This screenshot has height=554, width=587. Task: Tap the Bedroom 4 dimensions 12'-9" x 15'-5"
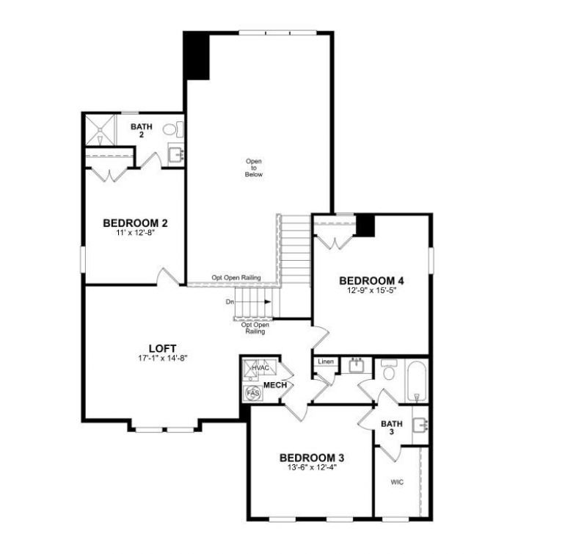(372, 290)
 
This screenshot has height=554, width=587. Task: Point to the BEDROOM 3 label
(312, 458)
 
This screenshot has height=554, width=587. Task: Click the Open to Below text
(254, 168)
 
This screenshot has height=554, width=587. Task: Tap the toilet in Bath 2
(171, 130)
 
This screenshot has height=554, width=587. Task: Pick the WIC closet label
(397, 483)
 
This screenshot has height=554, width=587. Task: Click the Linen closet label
(325, 362)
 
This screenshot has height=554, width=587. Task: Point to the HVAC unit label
(260, 367)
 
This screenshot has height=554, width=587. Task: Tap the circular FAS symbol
(253, 394)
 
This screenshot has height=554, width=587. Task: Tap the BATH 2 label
(142, 131)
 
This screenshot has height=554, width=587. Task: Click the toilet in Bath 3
(389, 373)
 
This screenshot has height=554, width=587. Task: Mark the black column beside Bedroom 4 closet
(365, 225)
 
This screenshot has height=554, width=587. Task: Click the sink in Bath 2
(176, 155)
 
